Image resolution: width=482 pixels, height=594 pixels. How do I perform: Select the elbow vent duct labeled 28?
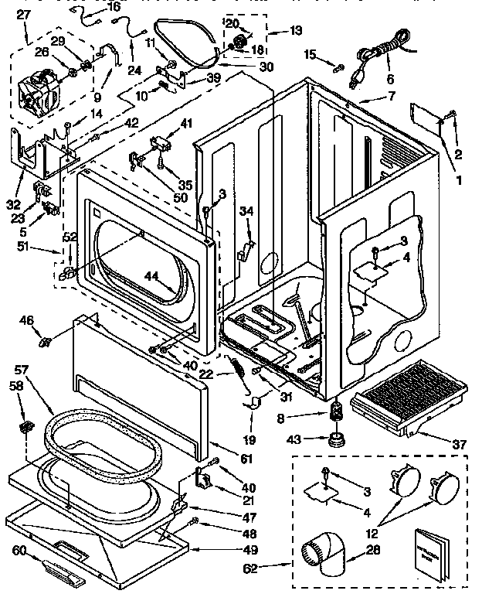(324, 554)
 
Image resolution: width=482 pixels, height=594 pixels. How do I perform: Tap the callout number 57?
(22, 370)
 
